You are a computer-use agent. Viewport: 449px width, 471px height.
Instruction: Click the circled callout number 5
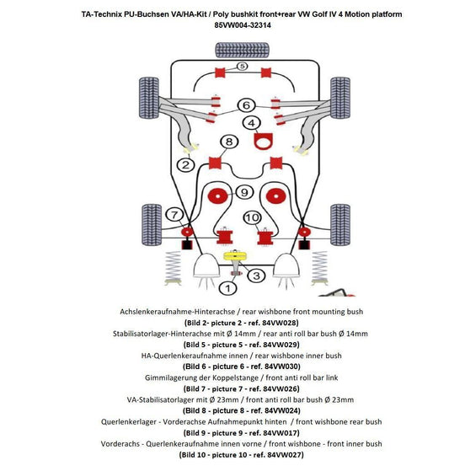pyautogui.click(x=241, y=66)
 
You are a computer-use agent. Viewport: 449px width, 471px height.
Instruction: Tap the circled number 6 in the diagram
pyautogui.click(x=245, y=105)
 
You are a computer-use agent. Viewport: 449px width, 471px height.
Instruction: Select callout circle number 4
pyautogui.click(x=251, y=123)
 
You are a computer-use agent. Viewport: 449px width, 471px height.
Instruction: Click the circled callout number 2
pyautogui.click(x=184, y=165)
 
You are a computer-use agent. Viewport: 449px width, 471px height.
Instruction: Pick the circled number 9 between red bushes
pyautogui.click(x=244, y=193)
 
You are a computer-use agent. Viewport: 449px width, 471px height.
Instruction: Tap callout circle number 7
pyautogui.click(x=174, y=214)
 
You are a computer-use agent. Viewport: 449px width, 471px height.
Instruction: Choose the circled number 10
pyautogui.click(x=251, y=217)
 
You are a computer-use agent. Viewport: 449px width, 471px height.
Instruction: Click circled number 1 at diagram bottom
pyautogui.click(x=224, y=288)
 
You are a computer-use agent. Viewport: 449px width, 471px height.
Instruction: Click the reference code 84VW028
pyautogui.click(x=275, y=323)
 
